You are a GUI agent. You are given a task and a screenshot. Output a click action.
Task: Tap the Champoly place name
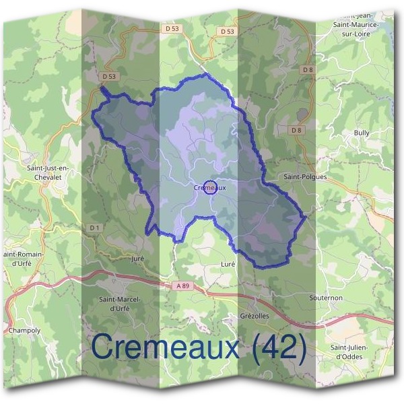[x=25, y=331]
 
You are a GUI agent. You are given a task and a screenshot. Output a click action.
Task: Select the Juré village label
[x=138, y=258]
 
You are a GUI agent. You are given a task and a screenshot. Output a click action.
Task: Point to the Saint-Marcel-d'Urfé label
[x=119, y=304]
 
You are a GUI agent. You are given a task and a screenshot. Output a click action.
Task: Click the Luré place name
[x=228, y=265]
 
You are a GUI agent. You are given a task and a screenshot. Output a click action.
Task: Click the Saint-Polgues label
[x=305, y=177]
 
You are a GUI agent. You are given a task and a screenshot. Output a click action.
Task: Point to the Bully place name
[x=362, y=133]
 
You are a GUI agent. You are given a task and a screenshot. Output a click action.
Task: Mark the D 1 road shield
[x=94, y=228]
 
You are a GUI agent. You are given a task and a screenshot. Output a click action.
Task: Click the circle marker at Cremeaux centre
[x=209, y=187]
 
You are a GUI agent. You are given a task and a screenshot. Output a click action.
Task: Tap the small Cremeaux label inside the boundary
[x=209, y=188]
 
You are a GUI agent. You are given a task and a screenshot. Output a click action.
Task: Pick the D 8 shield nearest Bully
[x=298, y=129]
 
